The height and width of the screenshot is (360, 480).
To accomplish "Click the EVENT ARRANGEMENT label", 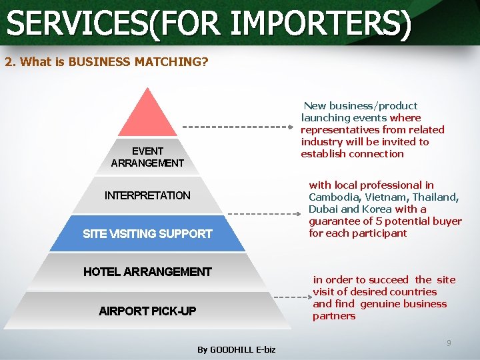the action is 147,157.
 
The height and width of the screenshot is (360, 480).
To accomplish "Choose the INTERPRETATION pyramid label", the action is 147,195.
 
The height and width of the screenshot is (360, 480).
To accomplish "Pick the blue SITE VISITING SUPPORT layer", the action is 147,233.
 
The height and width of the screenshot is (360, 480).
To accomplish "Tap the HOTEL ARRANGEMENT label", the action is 147,271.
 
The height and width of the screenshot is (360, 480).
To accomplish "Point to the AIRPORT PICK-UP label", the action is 147,311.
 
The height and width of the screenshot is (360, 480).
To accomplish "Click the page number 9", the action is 449,343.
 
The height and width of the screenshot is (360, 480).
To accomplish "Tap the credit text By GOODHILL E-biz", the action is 236,349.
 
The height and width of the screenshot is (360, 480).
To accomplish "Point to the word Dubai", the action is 323,209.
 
